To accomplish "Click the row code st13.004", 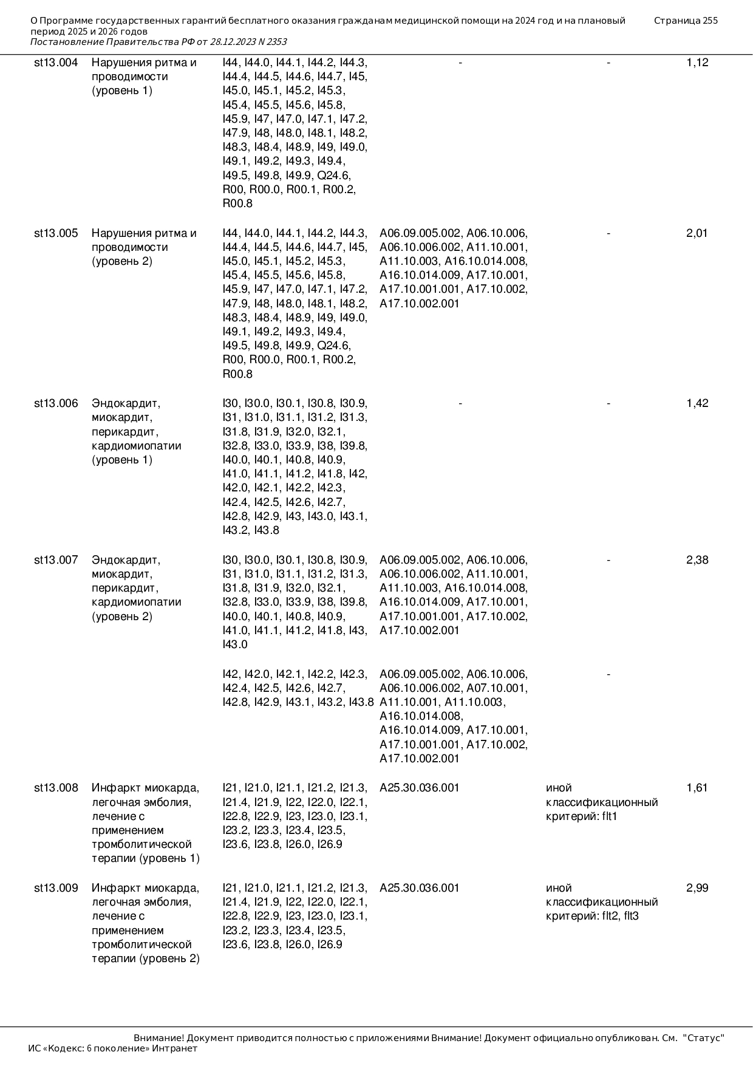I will [x=56, y=63].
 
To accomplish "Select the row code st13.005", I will [x=56, y=233].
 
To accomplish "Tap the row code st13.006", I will [x=56, y=403].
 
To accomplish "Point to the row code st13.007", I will [x=56, y=560].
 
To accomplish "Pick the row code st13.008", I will [x=56, y=788].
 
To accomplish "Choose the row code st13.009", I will [x=56, y=888].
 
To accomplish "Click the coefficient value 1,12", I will [x=697, y=63].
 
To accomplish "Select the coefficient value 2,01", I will [x=697, y=233].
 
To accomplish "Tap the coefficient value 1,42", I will [x=697, y=403].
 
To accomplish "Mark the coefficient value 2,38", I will [x=697, y=560].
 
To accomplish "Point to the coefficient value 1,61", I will [x=697, y=788].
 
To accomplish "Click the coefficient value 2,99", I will [x=697, y=888].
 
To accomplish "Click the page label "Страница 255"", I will [x=686, y=21].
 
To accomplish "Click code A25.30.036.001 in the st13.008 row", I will [x=420, y=788].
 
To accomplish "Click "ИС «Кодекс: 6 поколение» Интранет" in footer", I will [x=113, y=1048].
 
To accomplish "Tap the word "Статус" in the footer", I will [x=704, y=1038].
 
